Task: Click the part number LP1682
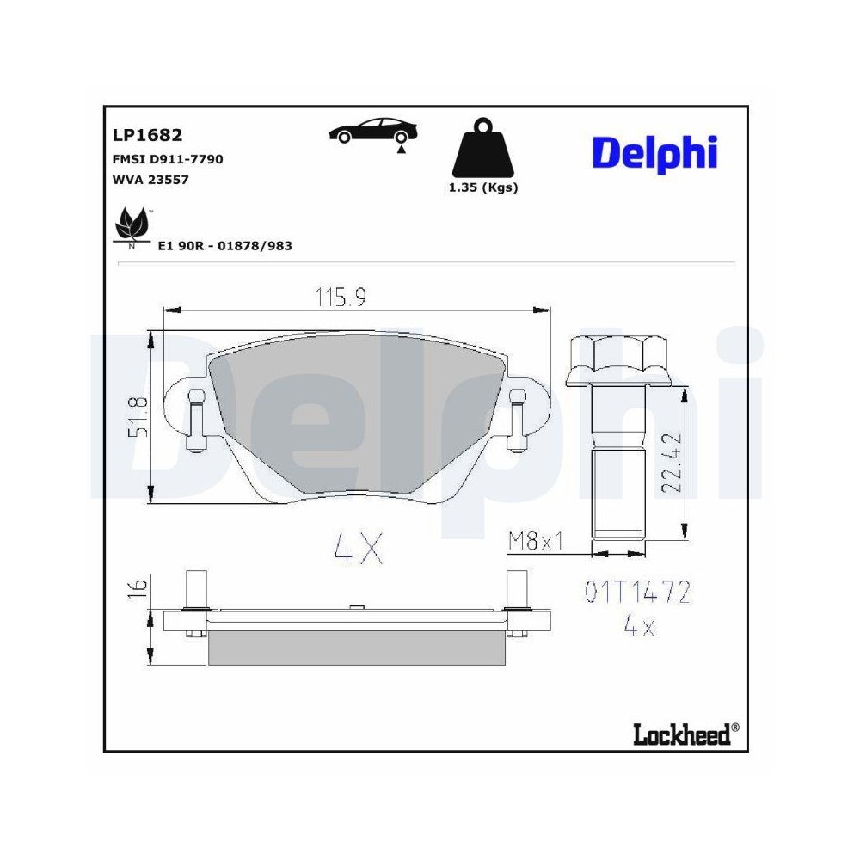[147, 135]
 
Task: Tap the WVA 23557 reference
[150, 180]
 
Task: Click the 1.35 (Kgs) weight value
[483, 187]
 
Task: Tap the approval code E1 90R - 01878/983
[224, 246]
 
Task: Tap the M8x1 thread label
[535, 542]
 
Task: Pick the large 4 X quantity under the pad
[357, 548]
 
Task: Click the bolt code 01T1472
[638, 593]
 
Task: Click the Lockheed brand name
[685, 734]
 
